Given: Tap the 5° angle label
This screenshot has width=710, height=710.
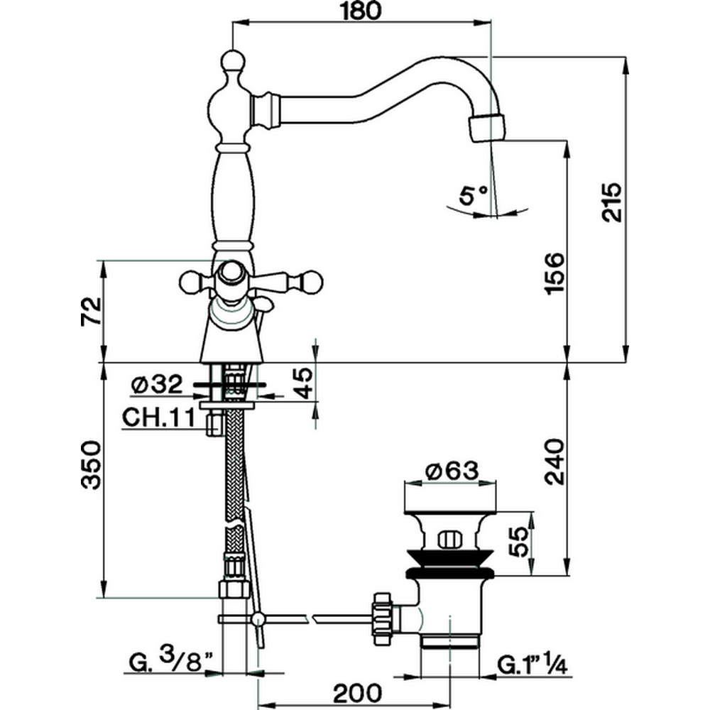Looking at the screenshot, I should click(x=474, y=194).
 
